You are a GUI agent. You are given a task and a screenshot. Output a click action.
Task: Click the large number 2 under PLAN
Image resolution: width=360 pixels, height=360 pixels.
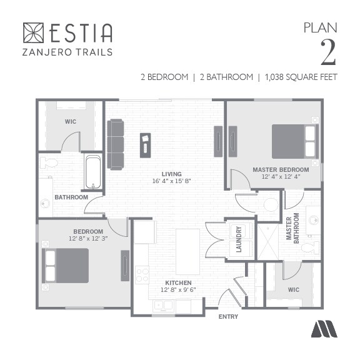(x=329, y=52)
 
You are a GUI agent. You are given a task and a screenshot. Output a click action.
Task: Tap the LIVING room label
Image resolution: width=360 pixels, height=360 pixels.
(x=171, y=174)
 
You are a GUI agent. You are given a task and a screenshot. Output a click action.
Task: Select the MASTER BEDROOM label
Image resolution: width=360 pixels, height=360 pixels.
(x=281, y=169)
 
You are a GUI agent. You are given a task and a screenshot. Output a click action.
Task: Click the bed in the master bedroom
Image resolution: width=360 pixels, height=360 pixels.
(x=294, y=141)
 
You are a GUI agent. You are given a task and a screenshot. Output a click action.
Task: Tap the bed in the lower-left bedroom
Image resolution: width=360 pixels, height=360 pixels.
(x=66, y=265)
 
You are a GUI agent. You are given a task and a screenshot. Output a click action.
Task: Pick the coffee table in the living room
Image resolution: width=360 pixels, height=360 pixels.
(x=146, y=143)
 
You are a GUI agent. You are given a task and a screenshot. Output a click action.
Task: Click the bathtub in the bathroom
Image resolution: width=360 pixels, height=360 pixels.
(x=93, y=172)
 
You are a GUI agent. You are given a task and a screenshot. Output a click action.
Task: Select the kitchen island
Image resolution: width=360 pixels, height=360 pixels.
(x=187, y=251)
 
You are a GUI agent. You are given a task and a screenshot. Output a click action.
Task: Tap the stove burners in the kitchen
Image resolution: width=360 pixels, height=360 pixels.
(x=142, y=275)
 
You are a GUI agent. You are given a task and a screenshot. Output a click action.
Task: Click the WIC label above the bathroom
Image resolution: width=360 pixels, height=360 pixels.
(x=70, y=121)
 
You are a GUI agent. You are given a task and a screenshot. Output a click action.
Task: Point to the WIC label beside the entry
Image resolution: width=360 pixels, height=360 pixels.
(x=294, y=290)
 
